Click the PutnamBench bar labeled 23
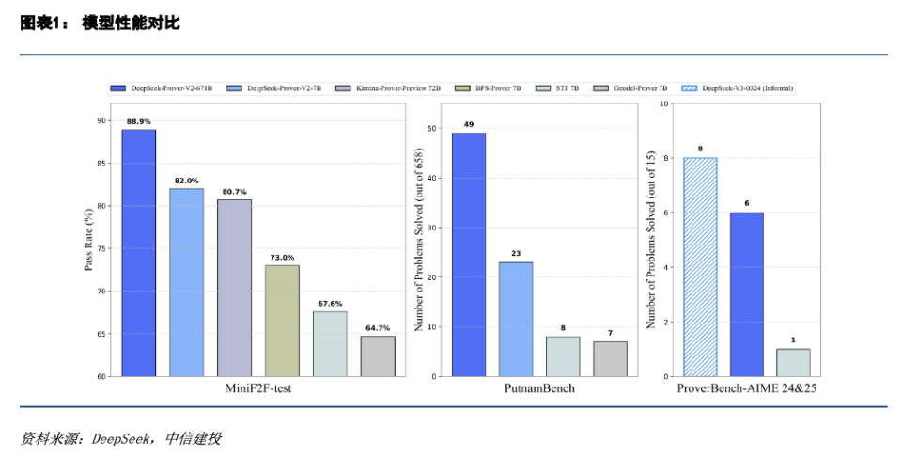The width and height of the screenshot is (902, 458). (x=515, y=319)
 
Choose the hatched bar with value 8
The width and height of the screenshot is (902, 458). (x=700, y=267)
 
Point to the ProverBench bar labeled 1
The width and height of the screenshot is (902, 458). (x=793, y=362)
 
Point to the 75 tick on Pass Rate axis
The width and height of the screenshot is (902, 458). (x=101, y=248)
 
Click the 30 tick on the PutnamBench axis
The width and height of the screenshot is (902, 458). (x=431, y=228)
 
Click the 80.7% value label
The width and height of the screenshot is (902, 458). (x=234, y=193)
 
